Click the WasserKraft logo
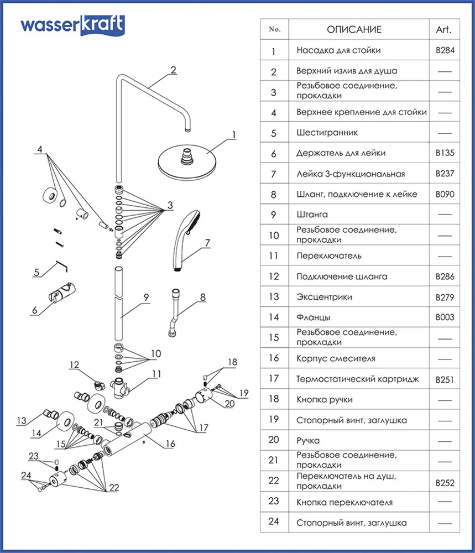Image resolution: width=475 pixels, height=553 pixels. [x=72, y=25]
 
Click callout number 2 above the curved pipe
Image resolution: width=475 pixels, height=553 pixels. [x=173, y=70]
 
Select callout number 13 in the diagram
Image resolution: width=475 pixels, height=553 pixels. [x=21, y=421]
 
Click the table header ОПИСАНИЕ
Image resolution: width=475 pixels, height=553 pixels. [x=354, y=30]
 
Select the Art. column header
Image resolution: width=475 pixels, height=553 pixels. [x=443, y=30]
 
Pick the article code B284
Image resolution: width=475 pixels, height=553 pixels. [x=444, y=50]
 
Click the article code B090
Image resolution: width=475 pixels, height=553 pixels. [x=444, y=194]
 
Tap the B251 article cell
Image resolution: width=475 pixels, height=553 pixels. [x=444, y=379]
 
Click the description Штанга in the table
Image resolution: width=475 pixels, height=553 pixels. [x=312, y=215]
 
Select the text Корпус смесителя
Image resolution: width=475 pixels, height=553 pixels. [x=336, y=358]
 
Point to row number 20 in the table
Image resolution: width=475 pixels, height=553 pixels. [x=274, y=441]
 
